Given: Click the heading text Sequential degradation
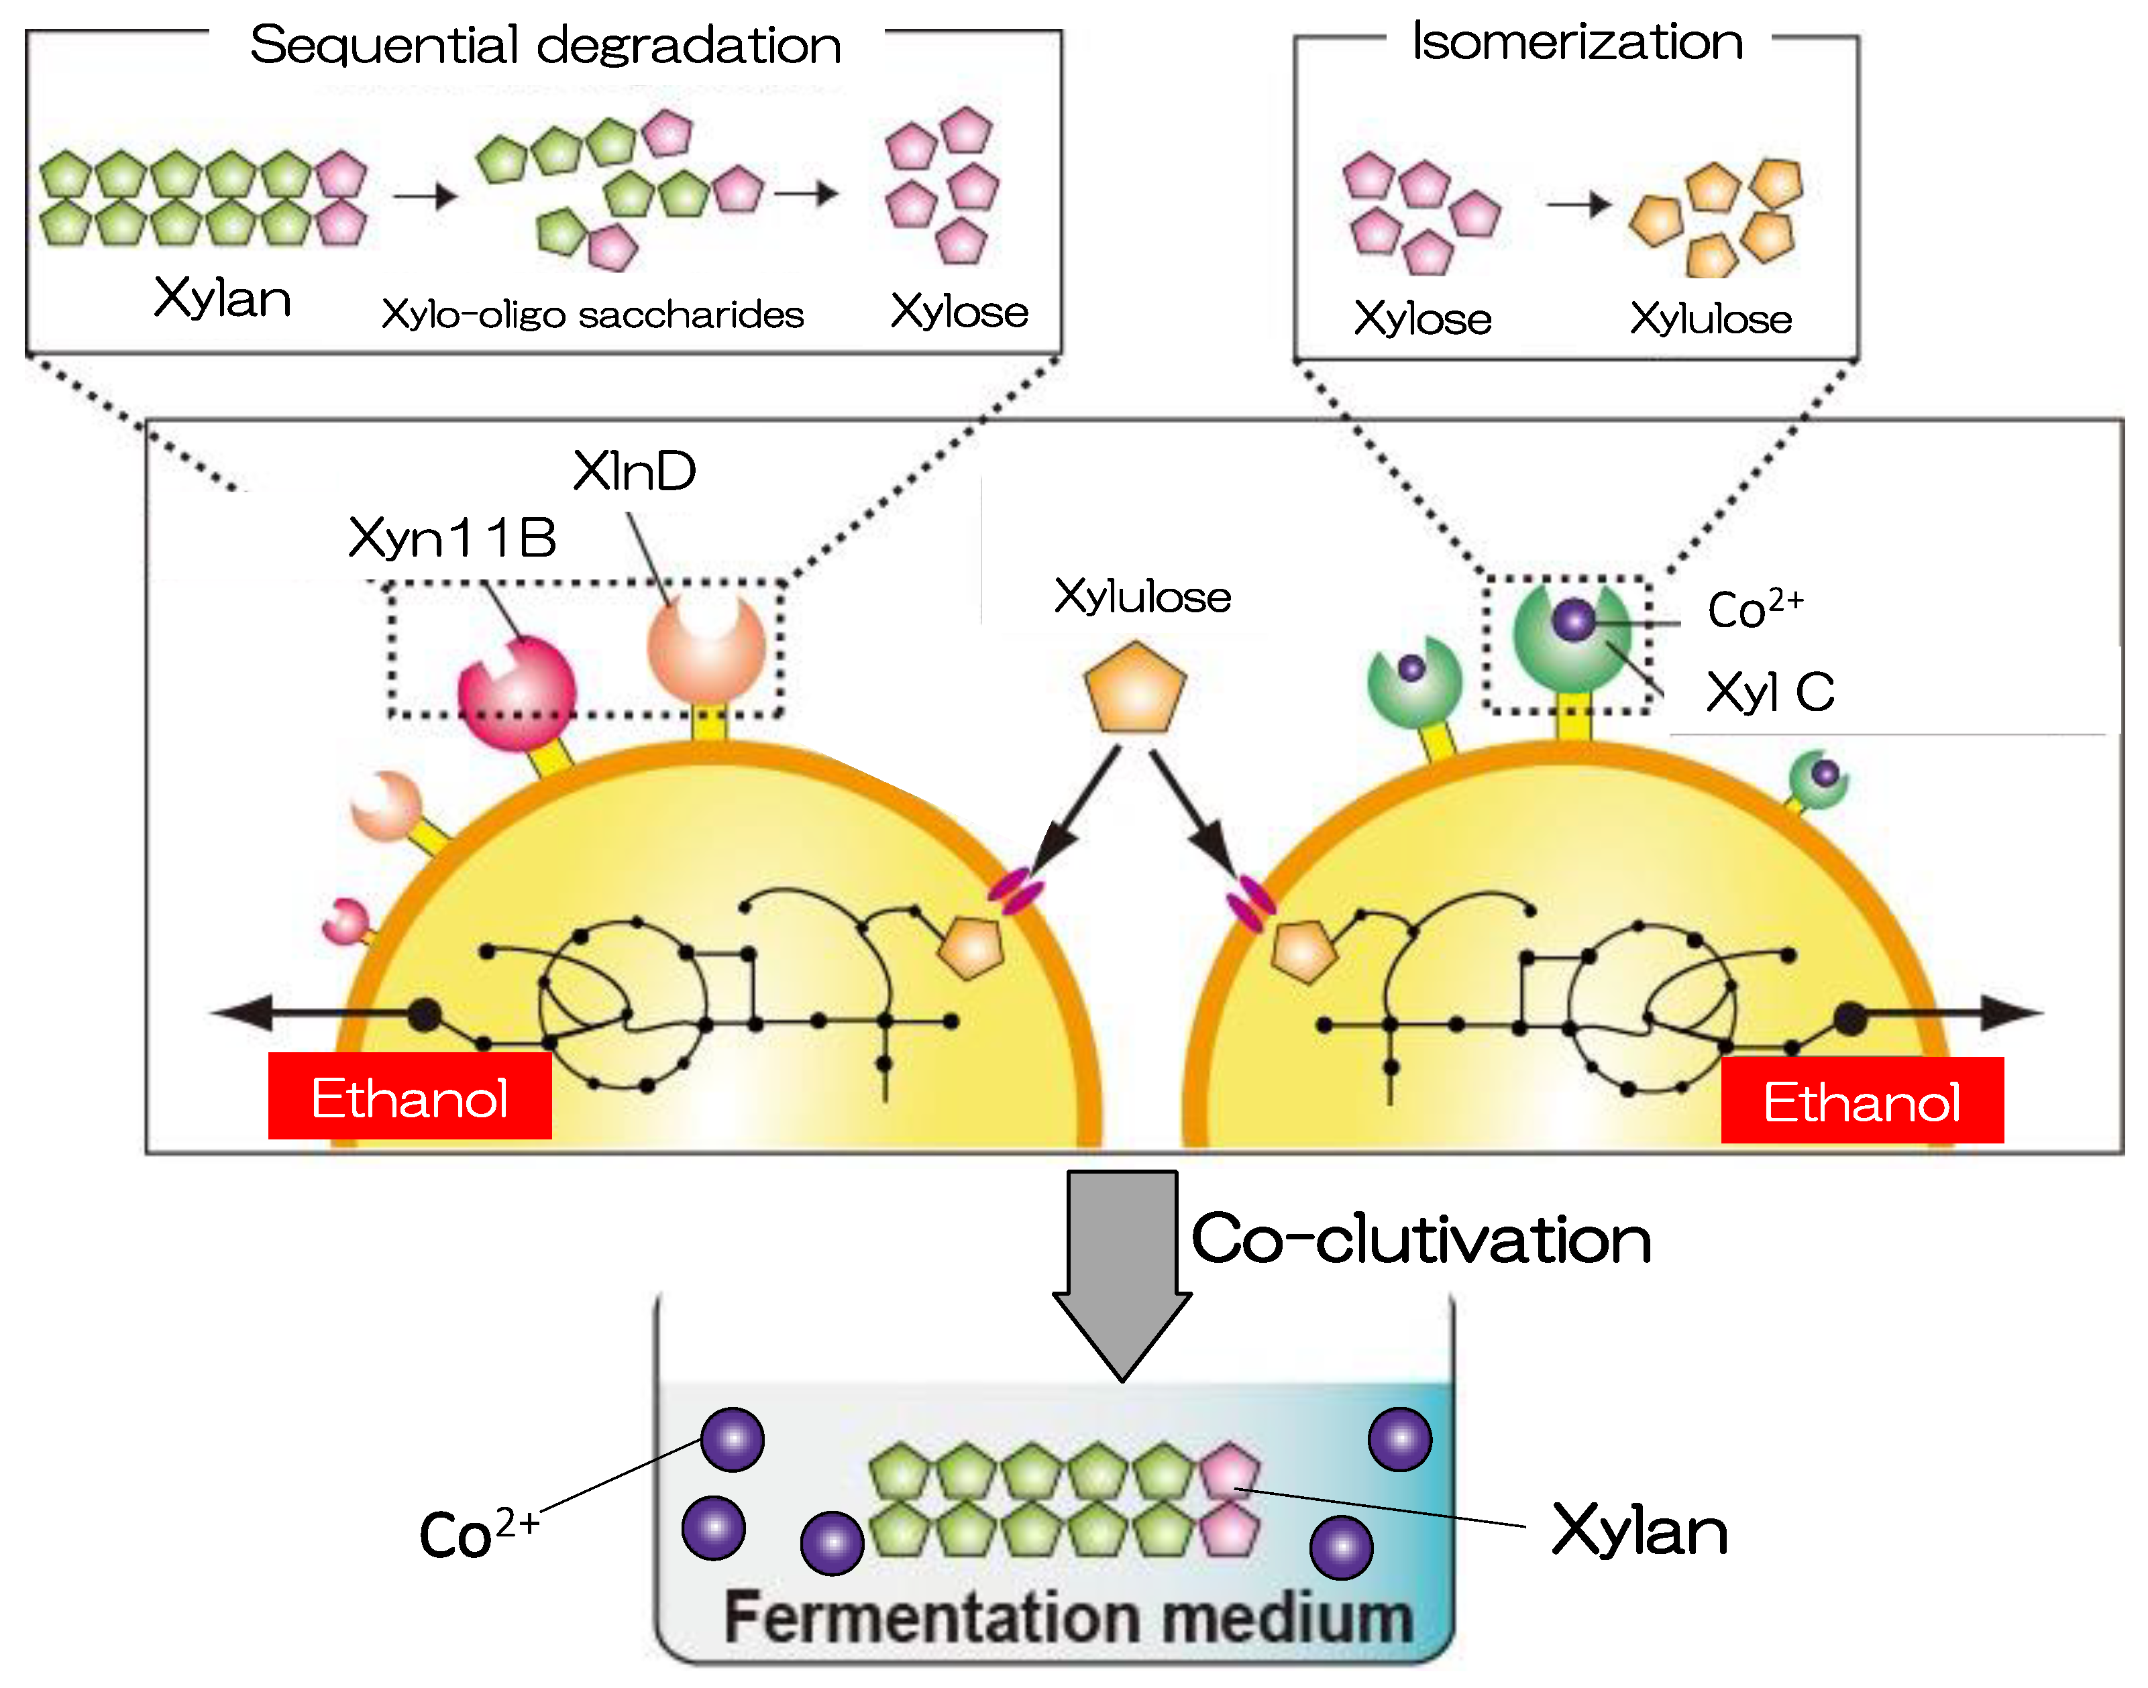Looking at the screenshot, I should tap(545, 46).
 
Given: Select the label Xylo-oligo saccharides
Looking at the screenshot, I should tap(592, 315).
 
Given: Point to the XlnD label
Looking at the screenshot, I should tap(635, 471).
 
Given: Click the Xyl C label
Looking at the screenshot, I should tap(1770, 692).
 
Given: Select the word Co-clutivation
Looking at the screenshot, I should tap(1420, 1239).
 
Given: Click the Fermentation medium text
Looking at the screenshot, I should tap(1067, 1618).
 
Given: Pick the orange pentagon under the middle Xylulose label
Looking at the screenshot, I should tap(1134, 688).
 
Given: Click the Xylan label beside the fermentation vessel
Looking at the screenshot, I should tap(1639, 1531).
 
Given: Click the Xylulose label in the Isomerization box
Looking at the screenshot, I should tap(1710, 319).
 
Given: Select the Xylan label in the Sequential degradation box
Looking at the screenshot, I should tap(223, 298).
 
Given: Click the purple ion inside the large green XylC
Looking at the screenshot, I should tap(1574, 620).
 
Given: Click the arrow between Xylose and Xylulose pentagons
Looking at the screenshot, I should tap(1578, 205).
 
